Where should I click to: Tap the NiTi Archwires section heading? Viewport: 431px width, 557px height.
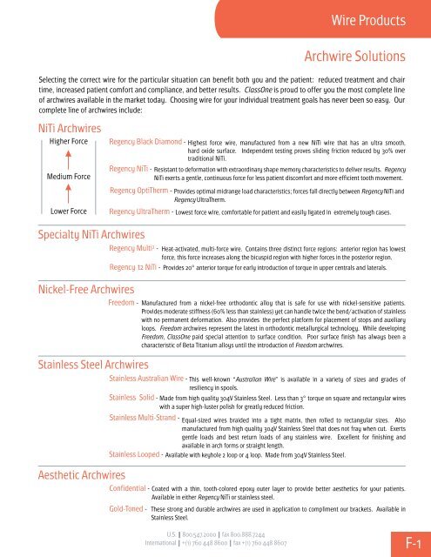click(53, 128)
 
